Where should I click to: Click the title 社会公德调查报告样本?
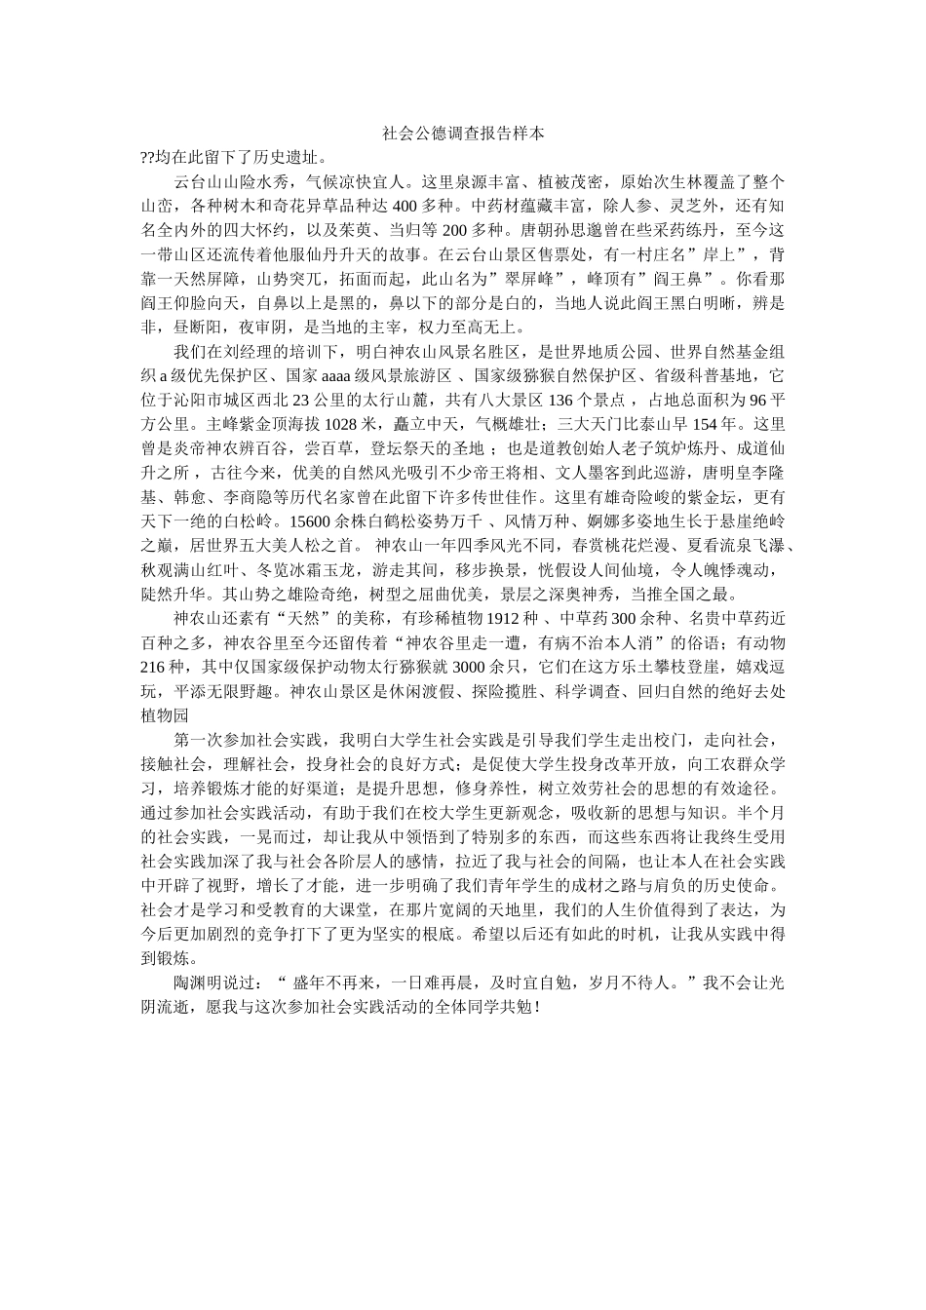pyautogui.click(x=462, y=133)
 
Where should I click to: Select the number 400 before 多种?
pyautogui.click(x=405, y=206)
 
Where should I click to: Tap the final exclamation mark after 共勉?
pyautogui.click(x=537, y=1006)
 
